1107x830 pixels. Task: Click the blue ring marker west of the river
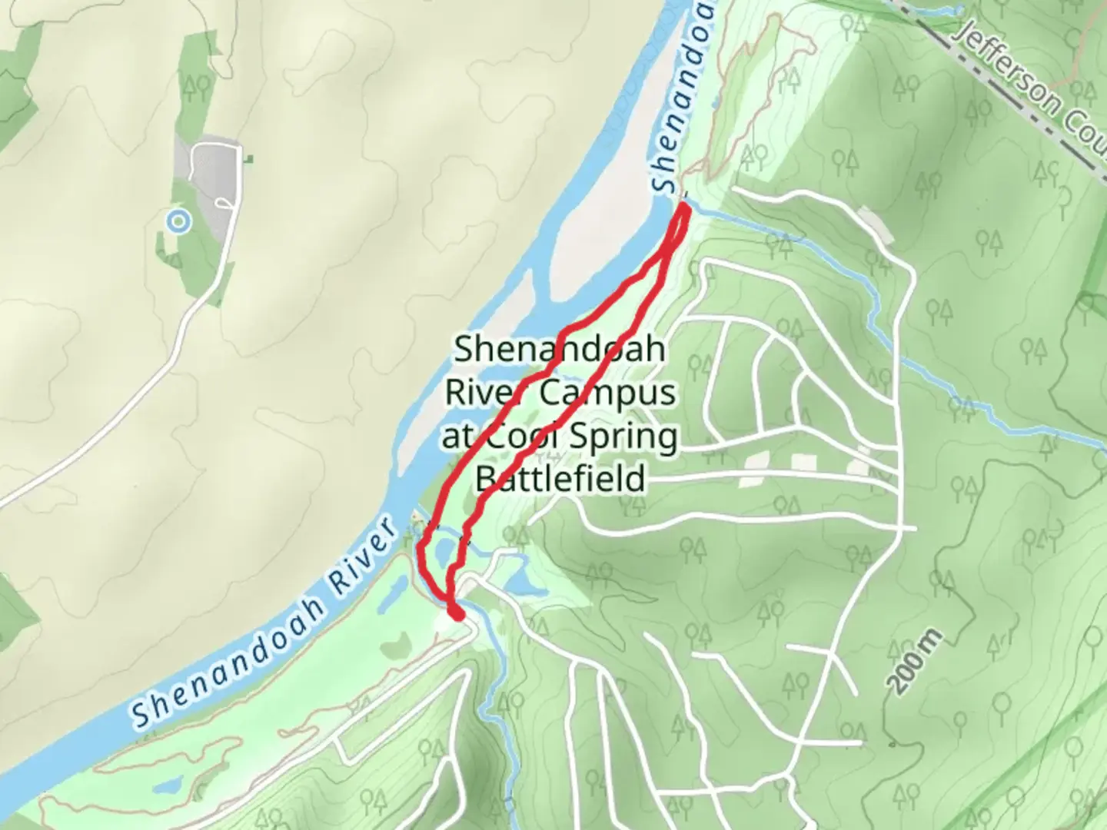[x=178, y=221]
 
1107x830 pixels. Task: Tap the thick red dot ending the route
[x=456, y=613]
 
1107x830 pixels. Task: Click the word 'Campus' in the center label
[x=607, y=393]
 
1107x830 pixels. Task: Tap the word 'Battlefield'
[x=560, y=479]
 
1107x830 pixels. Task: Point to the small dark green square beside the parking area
[x=248, y=160]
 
